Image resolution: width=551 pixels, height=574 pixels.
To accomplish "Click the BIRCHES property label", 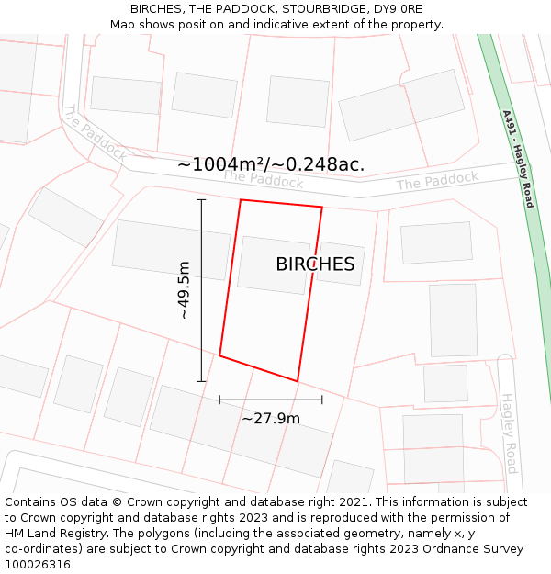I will coord(315,264).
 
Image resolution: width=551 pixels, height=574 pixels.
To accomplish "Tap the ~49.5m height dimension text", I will coord(184,289).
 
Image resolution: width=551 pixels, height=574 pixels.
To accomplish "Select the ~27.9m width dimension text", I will coord(271,419).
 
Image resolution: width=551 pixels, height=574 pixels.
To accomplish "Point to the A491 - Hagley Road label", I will coord(518,159).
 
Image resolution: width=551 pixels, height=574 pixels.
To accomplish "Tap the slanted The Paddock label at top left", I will coord(94,134).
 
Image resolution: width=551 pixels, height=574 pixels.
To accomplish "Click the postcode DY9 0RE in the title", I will coord(395,8).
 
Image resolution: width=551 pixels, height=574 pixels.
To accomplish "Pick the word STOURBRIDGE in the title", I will coord(320,8).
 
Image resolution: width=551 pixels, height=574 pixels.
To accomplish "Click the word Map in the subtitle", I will coord(123,24).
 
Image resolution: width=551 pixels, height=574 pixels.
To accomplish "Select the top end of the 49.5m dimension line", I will coord(202,199).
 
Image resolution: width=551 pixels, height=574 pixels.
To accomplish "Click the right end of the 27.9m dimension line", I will coord(322,400).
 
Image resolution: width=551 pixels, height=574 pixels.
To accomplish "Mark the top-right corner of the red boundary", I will coord(322,208).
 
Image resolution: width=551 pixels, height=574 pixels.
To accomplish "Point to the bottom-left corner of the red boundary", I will coord(219,355).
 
